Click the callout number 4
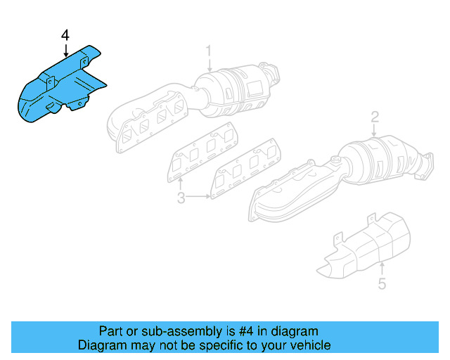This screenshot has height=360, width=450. coord(65,34)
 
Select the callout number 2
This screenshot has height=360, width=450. coord(375,117)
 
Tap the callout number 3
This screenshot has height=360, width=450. coord(181,199)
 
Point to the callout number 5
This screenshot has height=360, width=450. coord(382,285)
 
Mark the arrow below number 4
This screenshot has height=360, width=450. coord(65,49)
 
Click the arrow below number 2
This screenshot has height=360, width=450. coord(375,130)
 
